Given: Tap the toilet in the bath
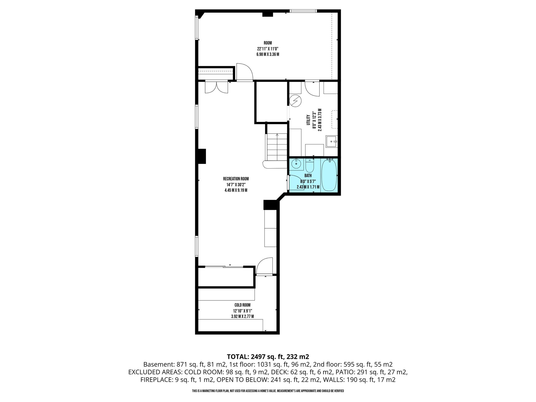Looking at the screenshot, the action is click(310, 165).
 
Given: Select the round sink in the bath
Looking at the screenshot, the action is click(296, 164).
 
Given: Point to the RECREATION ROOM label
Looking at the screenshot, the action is click(236, 179).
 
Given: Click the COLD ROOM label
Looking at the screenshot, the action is click(242, 305).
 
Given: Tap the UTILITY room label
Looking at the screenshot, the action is click(308, 120).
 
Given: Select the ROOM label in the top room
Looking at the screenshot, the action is click(268, 43).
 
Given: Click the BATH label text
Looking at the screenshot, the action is click(308, 176).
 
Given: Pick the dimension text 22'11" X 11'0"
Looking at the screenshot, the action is click(268, 49).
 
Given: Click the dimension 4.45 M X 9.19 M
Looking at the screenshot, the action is click(236, 191).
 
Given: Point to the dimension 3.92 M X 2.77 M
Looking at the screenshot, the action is click(242, 316).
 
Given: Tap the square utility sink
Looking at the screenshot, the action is click(332, 142).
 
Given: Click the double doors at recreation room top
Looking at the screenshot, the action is click(216, 87).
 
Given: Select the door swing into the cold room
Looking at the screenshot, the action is click(264, 266).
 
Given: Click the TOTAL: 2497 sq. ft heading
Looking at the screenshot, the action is click(268, 356).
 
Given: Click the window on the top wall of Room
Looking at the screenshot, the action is click(303, 11).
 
